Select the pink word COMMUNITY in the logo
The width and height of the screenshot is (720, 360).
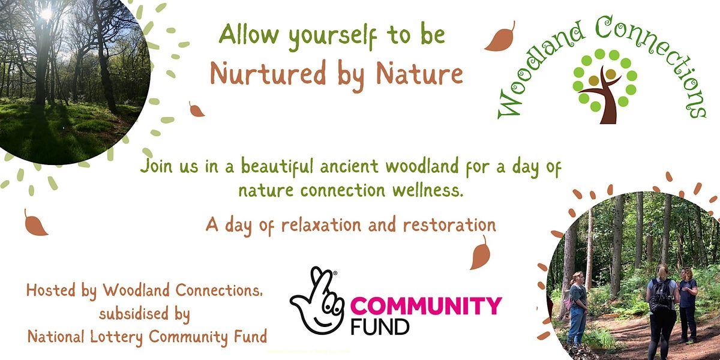click(x=425, y=307)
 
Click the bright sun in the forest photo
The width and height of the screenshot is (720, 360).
click(x=47, y=13)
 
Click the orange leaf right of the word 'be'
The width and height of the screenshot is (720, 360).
click(x=500, y=37)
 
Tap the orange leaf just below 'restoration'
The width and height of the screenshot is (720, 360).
click(x=480, y=253)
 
